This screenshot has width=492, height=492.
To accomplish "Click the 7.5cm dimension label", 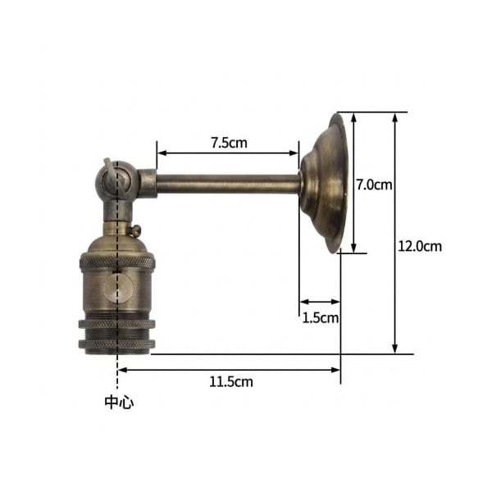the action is pyautogui.click(x=229, y=143).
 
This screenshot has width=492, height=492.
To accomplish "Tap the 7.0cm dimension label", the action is pyautogui.click(x=375, y=184).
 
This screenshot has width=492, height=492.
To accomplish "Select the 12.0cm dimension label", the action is pyautogui.click(x=420, y=246).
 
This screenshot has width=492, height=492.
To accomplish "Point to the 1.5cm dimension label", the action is pyautogui.click(x=321, y=318).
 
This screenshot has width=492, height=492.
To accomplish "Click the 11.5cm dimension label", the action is pyautogui.click(x=231, y=382).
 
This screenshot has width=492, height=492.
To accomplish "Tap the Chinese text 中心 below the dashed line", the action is pyautogui.click(x=119, y=403).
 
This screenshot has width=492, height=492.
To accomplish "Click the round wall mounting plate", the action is pyautogui.click(x=324, y=183).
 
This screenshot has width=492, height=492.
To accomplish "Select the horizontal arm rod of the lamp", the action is pyautogui.click(x=229, y=184).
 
